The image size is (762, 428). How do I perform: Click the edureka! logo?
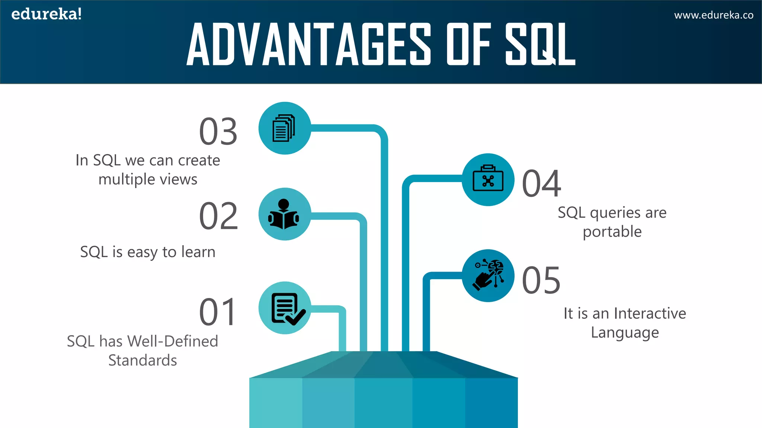[x=47, y=14]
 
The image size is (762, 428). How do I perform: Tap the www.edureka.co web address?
[x=714, y=15]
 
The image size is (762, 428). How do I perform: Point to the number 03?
[x=218, y=132]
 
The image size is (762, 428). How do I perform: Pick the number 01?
[x=218, y=312]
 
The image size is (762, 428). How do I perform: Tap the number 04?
[x=541, y=184]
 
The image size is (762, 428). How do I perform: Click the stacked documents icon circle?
[x=285, y=128]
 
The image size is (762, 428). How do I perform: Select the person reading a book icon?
[x=285, y=214]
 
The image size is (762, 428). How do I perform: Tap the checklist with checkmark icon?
[x=285, y=308]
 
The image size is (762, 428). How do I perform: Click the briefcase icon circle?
[x=488, y=180]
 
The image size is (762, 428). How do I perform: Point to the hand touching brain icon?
[x=488, y=276]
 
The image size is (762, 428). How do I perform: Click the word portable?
[x=612, y=232]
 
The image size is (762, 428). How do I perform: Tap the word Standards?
[x=143, y=360]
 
